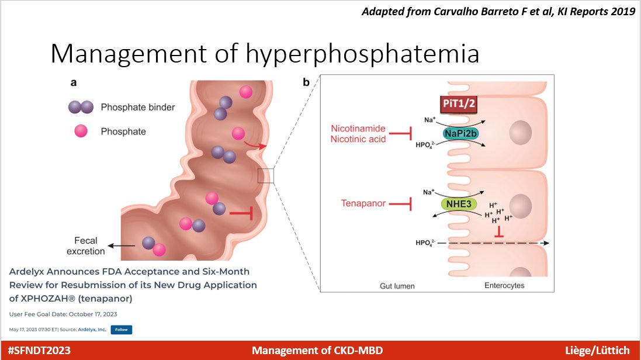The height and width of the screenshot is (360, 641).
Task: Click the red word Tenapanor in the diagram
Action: [364, 203]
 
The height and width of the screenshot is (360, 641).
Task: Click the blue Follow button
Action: [121, 330]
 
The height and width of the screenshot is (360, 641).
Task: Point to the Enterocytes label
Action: [504, 286]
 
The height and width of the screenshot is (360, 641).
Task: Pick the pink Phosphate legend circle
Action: [80, 131]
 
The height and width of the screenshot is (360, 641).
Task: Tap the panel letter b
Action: [306, 83]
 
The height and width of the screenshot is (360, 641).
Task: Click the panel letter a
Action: [74, 83]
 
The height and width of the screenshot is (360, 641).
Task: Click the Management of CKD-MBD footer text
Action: [318, 351]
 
